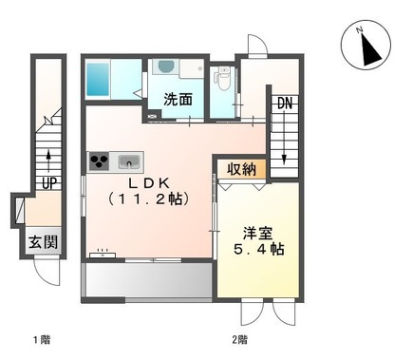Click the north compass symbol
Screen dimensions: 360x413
tap(364, 46)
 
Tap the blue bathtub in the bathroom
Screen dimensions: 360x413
tap(99, 80)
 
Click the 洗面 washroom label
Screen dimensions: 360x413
tap(178, 98)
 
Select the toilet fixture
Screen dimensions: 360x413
tap(222, 82)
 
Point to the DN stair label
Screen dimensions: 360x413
tap(284, 104)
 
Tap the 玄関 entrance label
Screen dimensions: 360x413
tap(41, 241)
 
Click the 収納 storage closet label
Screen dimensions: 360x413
tap(241, 169)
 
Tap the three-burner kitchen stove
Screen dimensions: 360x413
tap(101, 161)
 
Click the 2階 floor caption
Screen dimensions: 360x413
tap(239, 339)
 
